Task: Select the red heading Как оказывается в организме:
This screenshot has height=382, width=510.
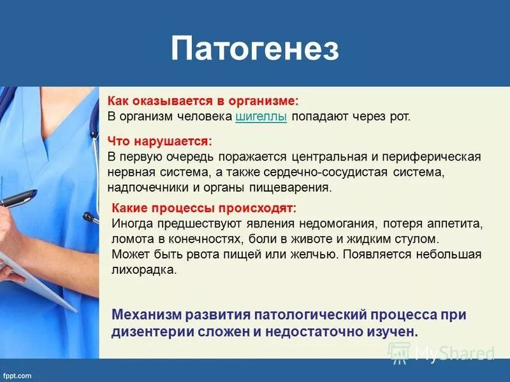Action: pyautogui.click(x=203, y=101)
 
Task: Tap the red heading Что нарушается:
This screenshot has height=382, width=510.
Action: pyautogui.click(x=159, y=140)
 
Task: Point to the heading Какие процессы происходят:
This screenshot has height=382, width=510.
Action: pyautogui.click(x=204, y=209)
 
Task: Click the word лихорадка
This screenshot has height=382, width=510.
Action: pyautogui.click(x=143, y=270)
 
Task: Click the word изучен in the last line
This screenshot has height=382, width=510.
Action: pyautogui.click(x=395, y=331)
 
